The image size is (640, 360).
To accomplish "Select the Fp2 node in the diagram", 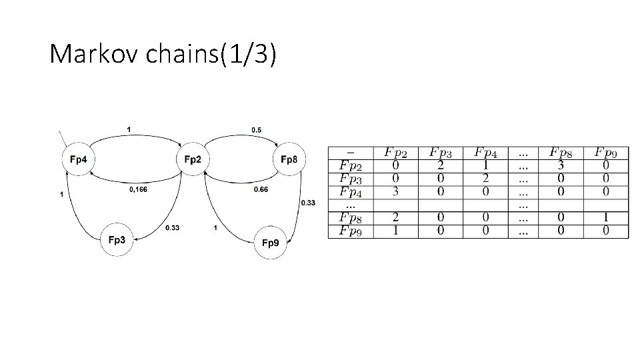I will pyautogui.click(x=193, y=159).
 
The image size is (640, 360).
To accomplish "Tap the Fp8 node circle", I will pyautogui.click(x=289, y=159).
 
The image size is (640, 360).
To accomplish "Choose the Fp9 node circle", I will pyautogui.click(x=270, y=243).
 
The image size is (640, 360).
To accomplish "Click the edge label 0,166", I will pyautogui.click(x=138, y=189).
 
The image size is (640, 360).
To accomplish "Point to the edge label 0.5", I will pyautogui.click(x=256, y=129).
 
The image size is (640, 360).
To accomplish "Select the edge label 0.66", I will pyautogui.click(x=261, y=189).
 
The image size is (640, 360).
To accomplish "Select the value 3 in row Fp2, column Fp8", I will pyautogui.click(x=560, y=165).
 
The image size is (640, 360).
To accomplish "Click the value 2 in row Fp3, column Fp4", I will pyautogui.click(x=486, y=179).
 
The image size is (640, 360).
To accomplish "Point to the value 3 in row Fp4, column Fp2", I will pyautogui.click(x=395, y=192).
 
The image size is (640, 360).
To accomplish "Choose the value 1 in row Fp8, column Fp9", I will pyautogui.click(x=606, y=218).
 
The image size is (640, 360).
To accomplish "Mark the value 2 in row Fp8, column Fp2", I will pyautogui.click(x=395, y=218).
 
